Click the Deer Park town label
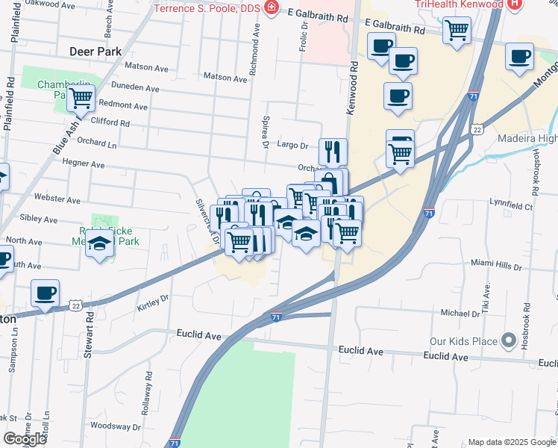[x=95, y=52]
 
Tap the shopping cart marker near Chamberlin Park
[x=81, y=97]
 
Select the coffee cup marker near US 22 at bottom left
[x=45, y=293]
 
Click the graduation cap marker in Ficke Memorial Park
[x=99, y=243]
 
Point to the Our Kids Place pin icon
[x=510, y=341]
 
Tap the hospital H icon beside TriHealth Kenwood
[x=513, y=4]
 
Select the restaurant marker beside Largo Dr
[x=333, y=152]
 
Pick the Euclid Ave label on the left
[x=199, y=336]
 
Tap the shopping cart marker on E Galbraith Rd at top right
[x=457, y=31]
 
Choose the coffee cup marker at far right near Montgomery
[x=519, y=56]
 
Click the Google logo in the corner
[x=24, y=439]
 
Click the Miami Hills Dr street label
[x=495, y=264]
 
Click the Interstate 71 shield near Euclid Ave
[x=275, y=317]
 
